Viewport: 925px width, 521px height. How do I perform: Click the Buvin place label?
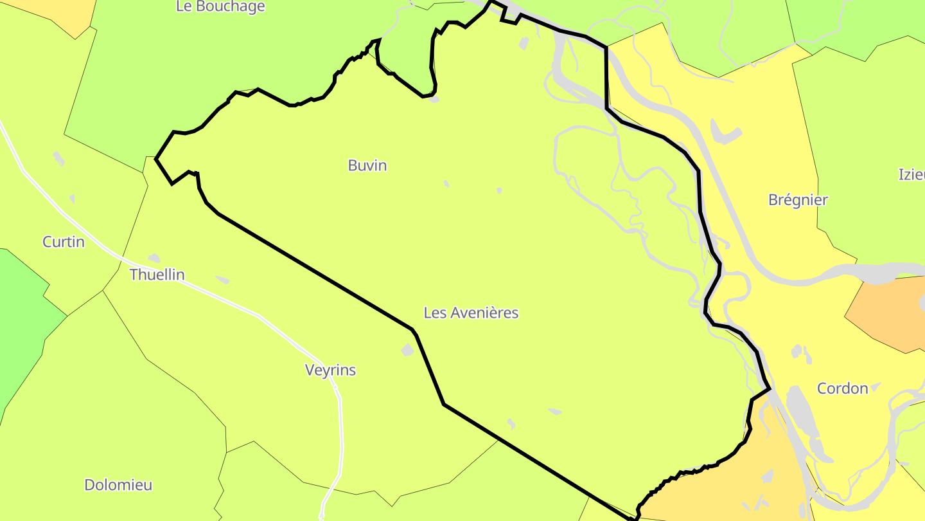pos(367,165)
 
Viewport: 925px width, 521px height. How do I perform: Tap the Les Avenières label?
pos(471,313)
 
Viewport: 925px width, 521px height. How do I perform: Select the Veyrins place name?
pos(330,370)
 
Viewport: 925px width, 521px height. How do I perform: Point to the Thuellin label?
pos(157,275)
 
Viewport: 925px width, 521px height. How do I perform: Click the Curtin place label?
pos(64,242)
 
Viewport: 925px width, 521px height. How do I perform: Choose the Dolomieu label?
pos(118,485)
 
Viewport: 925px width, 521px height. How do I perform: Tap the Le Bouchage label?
pos(220,6)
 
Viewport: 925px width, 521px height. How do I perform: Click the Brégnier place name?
pos(798,199)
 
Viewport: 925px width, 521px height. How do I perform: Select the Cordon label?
pos(842,388)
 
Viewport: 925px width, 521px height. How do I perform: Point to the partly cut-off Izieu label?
pos(912,174)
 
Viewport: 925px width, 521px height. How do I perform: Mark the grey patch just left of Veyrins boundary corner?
pos(407,350)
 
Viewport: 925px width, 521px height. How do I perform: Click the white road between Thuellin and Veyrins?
pos(257,315)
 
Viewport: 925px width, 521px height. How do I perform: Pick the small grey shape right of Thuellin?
pos(223,280)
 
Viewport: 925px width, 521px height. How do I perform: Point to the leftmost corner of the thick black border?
pos(157,158)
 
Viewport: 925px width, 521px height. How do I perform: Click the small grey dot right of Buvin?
pos(446,184)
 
